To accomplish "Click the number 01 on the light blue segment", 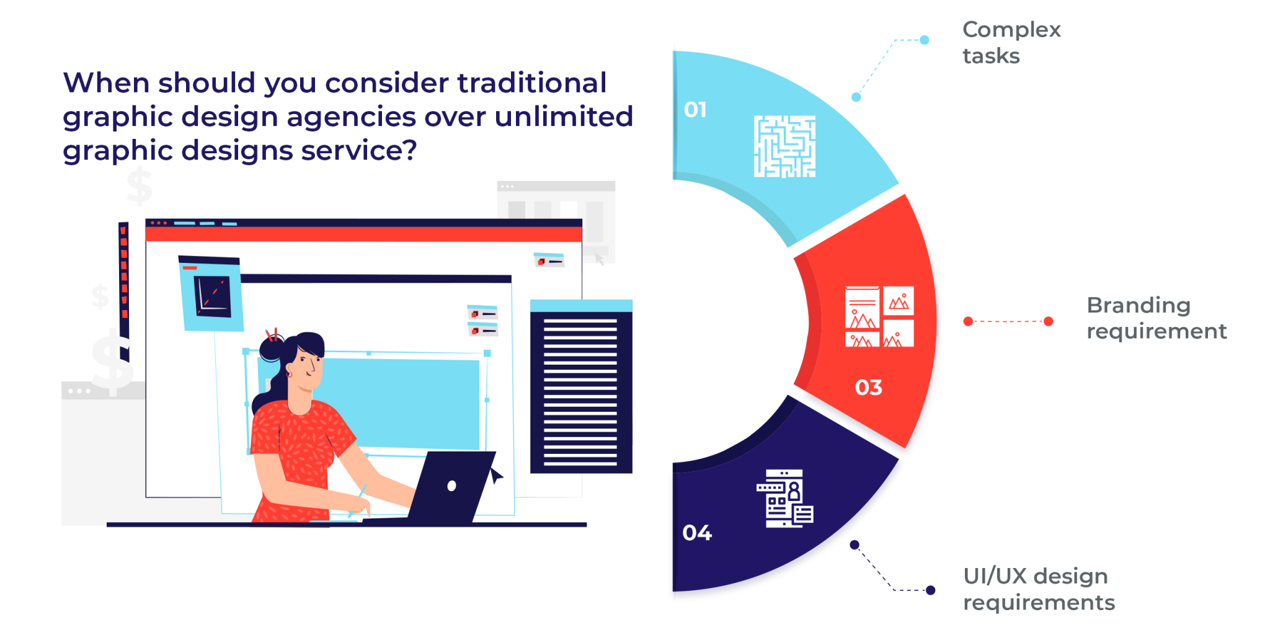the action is click(695, 110).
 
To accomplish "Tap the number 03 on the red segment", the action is click(868, 388).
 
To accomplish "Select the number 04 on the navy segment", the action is click(697, 533).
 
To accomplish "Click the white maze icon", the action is click(784, 146).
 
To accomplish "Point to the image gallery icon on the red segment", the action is click(879, 316).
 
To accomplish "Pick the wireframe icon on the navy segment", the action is click(785, 499).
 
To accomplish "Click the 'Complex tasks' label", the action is click(1011, 42).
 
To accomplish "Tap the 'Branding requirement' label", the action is click(1157, 318).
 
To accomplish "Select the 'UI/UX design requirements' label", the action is click(1039, 589).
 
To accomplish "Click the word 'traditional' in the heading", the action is click(532, 83).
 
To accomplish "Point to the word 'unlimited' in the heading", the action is click(564, 117).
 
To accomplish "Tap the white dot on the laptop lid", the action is click(451, 486).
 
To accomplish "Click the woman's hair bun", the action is click(271, 349).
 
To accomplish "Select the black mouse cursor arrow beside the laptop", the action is click(495, 476).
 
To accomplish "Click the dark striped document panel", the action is click(581, 386).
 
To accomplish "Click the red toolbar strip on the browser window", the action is click(363, 234).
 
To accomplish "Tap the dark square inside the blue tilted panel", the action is click(213, 296).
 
